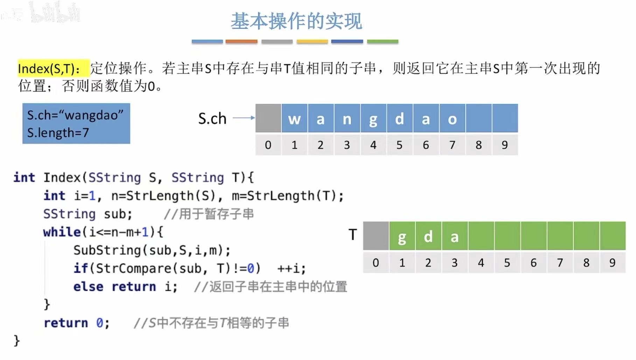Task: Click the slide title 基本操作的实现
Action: (x=296, y=21)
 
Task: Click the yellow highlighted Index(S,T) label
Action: (x=49, y=69)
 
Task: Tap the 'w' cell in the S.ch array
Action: (x=294, y=119)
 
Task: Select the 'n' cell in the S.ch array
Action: (x=347, y=119)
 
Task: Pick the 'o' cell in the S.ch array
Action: (x=452, y=119)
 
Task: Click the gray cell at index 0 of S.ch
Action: (x=268, y=118)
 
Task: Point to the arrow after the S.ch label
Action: (x=244, y=118)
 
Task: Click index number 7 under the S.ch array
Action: (x=452, y=145)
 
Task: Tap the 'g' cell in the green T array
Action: (x=402, y=236)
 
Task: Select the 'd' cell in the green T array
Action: (x=428, y=236)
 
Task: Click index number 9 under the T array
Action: (x=612, y=262)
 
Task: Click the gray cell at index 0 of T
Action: (x=376, y=236)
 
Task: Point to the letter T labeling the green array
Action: (x=353, y=234)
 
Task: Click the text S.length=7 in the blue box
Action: (x=58, y=133)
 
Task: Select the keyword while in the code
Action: (x=62, y=232)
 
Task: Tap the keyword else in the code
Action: (x=88, y=287)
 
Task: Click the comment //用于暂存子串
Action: (x=209, y=214)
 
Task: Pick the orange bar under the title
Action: (x=241, y=41)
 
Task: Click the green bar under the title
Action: (x=382, y=41)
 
